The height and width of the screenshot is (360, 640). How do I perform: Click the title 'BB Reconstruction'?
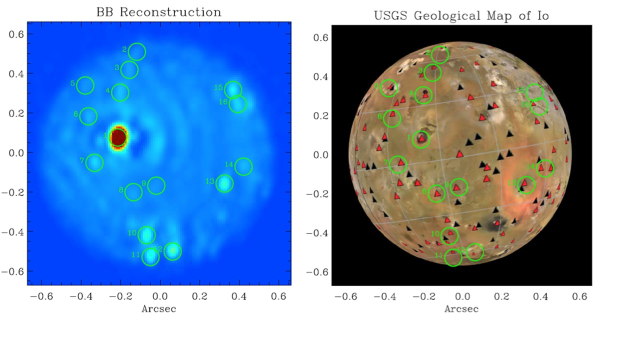pos(158,12)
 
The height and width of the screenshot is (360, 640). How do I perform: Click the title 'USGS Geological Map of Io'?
pos(461,15)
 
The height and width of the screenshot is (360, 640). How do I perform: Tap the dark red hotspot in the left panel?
pos(118,137)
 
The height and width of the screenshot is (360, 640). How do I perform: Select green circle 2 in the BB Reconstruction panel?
pos(136,51)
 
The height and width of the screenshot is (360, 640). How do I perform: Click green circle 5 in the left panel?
pos(85,85)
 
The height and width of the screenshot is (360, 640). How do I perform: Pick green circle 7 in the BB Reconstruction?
pos(94,162)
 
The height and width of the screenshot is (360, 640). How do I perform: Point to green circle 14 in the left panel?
pos(243,166)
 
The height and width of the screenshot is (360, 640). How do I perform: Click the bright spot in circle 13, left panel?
pos(225,183)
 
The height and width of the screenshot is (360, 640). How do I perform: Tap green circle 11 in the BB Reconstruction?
pos(150,257)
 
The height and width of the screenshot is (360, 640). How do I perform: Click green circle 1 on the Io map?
pos(421,139)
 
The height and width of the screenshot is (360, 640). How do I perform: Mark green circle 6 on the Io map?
pos(392,118)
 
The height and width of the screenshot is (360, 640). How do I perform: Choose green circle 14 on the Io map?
pos(545,168)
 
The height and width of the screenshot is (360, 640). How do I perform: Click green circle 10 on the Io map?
pos(450,235)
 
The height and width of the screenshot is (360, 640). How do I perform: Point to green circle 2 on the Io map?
pos(440,54)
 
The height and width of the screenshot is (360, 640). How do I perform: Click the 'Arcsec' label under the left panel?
pos(158,308)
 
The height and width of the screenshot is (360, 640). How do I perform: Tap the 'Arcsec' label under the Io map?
pos(461,308)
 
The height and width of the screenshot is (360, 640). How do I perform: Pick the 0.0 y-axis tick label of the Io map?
pos(319,154)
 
